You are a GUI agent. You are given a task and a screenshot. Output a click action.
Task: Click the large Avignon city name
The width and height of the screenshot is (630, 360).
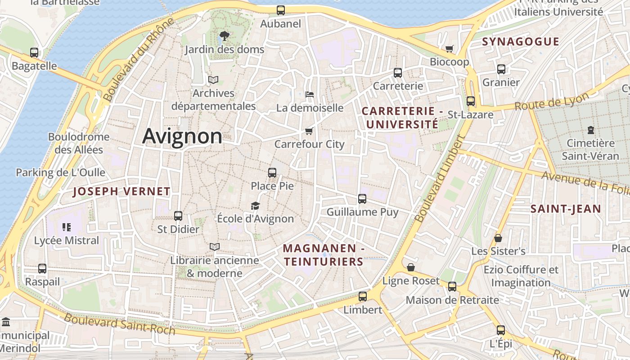tap(182, 136)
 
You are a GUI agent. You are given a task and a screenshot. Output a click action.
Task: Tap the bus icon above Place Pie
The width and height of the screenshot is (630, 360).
tap(272, 172)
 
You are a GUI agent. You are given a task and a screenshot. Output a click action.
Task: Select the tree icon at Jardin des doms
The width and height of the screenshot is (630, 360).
tap(224, 36)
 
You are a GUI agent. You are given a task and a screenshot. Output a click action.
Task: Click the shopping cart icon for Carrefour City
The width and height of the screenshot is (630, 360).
tap(309, 131)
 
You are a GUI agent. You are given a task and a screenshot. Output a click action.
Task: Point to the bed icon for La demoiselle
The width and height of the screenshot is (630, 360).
tap(310, 94)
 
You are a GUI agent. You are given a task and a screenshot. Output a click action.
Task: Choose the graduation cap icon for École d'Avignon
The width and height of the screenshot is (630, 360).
tap(256, 206)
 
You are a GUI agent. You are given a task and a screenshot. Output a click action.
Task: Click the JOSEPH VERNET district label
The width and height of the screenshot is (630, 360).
tap(121, 192)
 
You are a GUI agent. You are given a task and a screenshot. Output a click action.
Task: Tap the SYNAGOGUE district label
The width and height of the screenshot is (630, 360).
tap(521, 42)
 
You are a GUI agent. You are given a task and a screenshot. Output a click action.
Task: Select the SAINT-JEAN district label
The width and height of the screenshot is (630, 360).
tap(566, 209)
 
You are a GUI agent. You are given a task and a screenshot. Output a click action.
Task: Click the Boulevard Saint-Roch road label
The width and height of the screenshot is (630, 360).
tap(119, 324)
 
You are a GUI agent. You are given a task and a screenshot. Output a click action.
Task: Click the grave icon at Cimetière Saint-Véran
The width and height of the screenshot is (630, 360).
tap(590, 130)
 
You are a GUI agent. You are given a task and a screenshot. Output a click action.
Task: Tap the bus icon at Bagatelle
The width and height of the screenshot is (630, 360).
tap(34, 53)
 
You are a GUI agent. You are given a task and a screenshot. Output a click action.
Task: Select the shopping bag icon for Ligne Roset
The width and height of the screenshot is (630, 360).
tap(411, 267)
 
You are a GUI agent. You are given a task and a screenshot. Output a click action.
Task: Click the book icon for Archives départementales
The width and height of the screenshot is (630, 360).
tap(213, 80)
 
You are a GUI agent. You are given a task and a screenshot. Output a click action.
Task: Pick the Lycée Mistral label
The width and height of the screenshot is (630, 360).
tap(67, 240)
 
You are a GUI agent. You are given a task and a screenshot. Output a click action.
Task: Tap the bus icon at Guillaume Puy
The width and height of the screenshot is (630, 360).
tap(362, 198)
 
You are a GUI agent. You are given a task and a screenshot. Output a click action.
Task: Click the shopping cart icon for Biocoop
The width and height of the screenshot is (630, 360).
tap(449, 49)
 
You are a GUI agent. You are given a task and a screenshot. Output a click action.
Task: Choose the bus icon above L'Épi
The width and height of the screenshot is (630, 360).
tap(501, 330)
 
